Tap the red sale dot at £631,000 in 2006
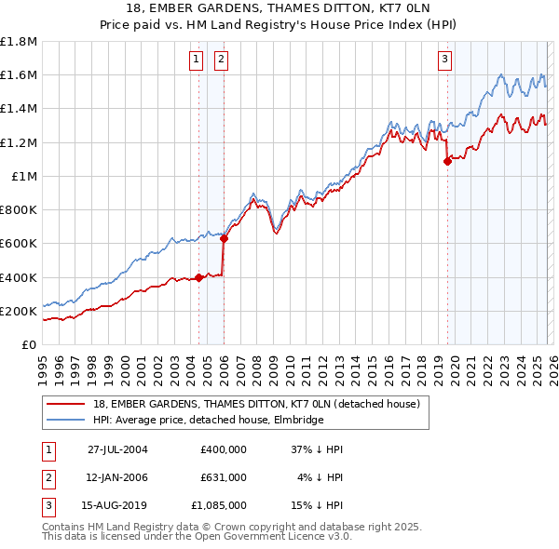[224, 238]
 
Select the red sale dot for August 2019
[447, 161]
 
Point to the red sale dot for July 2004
[199, 276]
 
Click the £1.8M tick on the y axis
[19, 42]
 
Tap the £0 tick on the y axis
[30, 344]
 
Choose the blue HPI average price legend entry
[208, 421]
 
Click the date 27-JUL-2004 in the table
[117, 449]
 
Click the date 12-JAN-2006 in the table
[117, 476]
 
